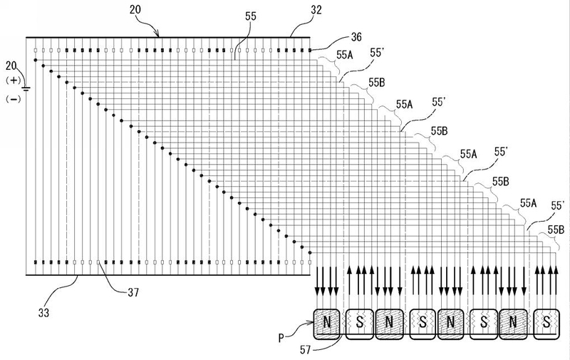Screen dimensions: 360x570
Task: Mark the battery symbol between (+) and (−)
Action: point(26,89)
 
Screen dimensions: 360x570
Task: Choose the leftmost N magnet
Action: point(328,325)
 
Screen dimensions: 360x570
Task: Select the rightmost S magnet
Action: point(546,325)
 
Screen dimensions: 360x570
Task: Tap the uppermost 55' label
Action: point(378,53)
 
